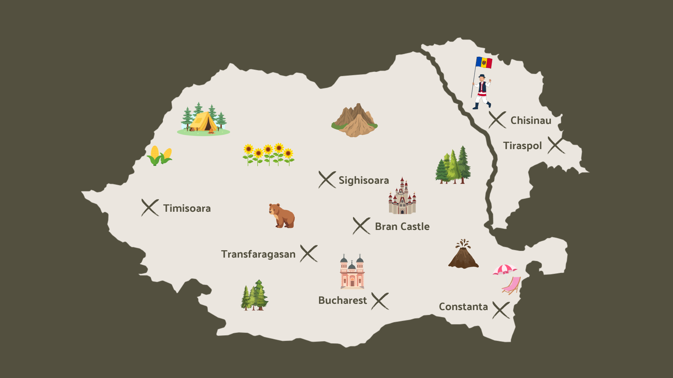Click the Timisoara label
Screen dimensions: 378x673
coord(187,208)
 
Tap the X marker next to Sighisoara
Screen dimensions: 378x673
coord(327,180)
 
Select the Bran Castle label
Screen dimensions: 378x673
coord(402,226)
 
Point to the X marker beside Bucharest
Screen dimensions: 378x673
coord(380,301)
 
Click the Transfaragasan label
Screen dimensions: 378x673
coord(258,254)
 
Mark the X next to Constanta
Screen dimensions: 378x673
coord(501,310)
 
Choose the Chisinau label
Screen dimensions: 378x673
coord(531,120)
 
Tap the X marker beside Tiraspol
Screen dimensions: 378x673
coord(556,145)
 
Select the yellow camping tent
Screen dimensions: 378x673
coord(203,121)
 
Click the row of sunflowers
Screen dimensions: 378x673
coord(268,154)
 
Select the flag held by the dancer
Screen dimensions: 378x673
coord(484,63)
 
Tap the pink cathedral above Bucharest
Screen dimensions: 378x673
coord(352,272)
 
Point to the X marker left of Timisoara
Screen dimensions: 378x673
coord(150,208)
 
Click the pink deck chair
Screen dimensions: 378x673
coord(512,285)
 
